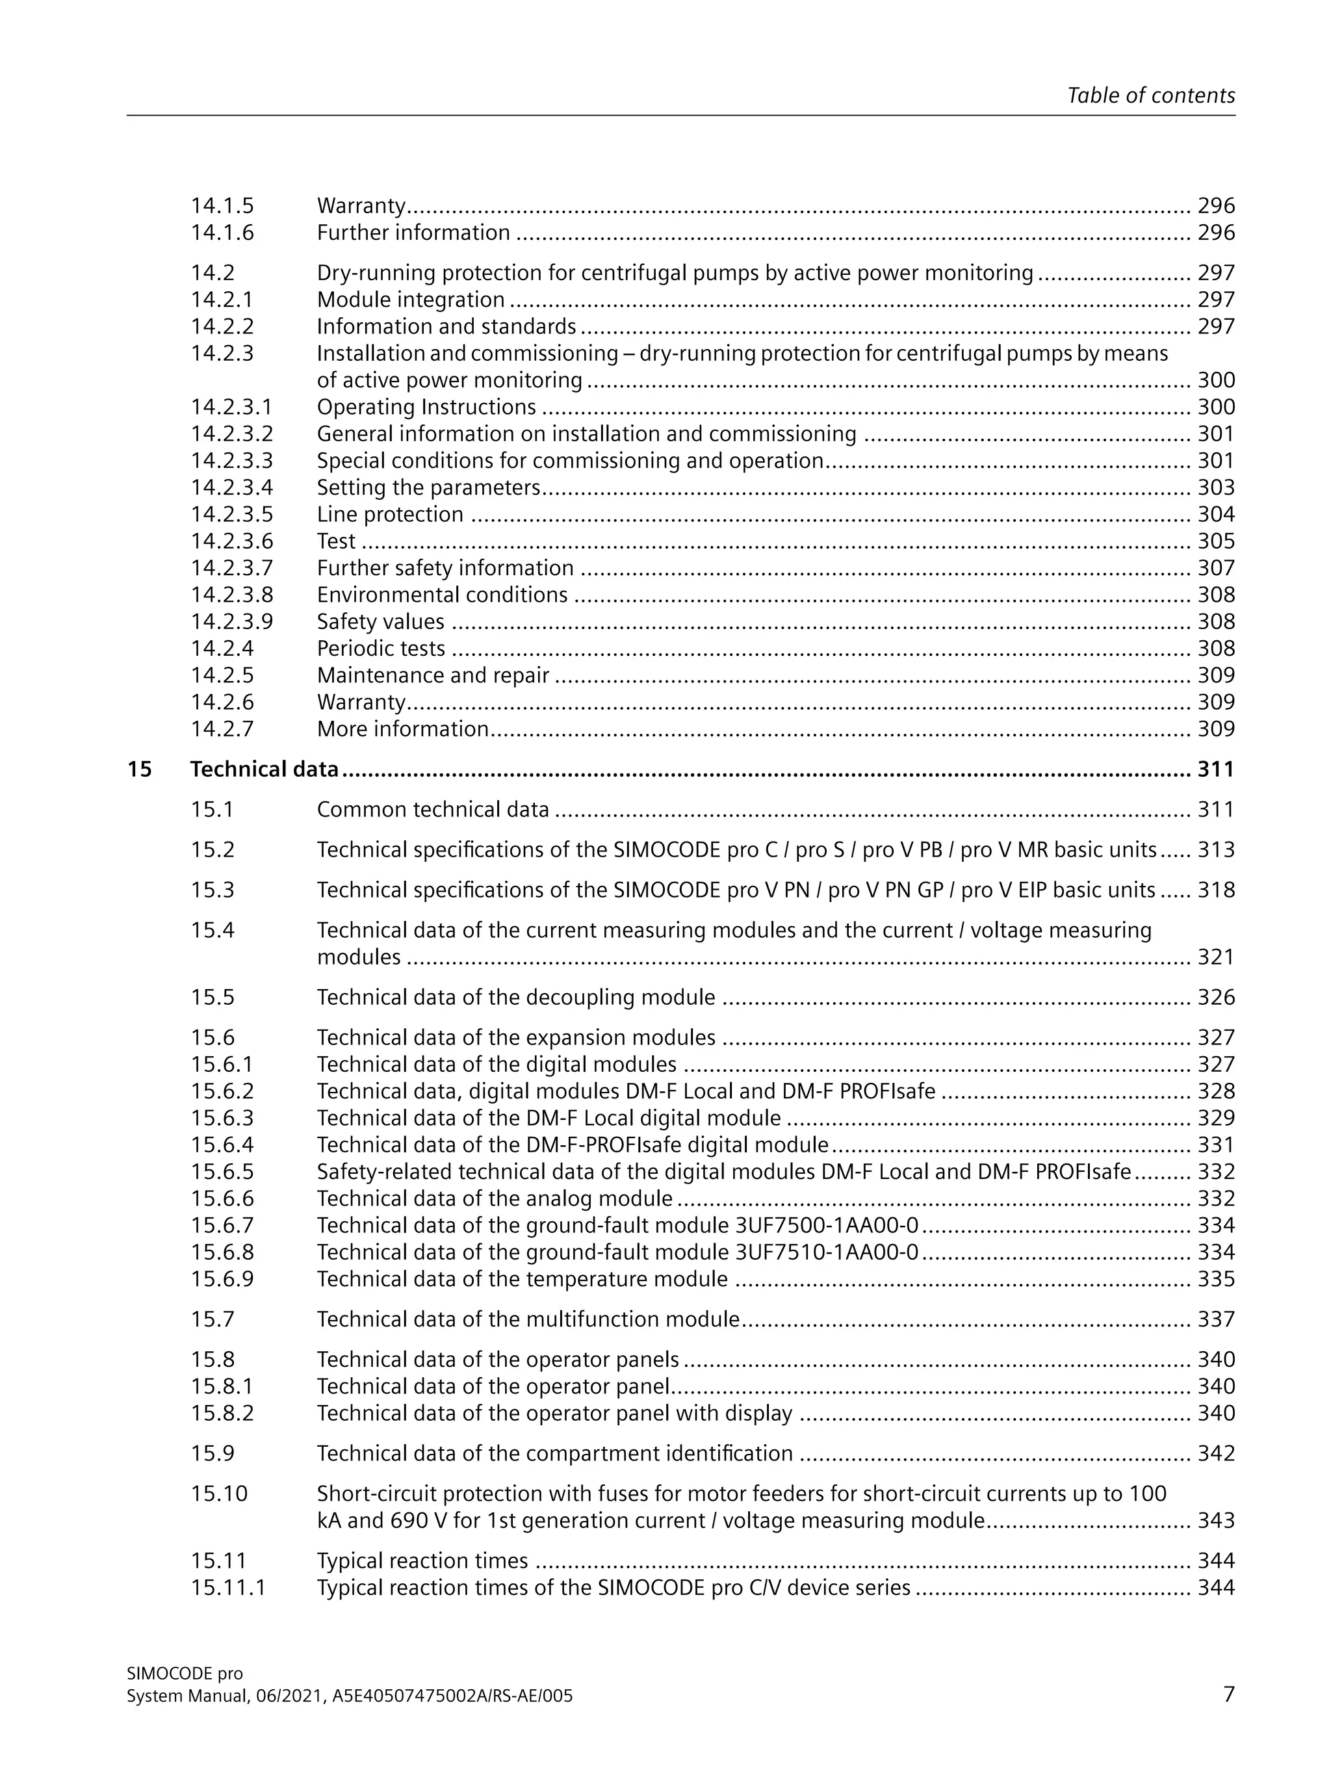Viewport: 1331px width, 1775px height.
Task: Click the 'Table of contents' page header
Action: point(1150,96)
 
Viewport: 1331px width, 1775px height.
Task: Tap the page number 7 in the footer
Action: point(1228,1693)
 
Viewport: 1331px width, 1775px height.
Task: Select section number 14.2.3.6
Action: point(231,541)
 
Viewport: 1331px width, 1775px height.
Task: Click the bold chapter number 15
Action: point(139,770)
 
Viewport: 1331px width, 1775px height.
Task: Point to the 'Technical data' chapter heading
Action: point(264,770)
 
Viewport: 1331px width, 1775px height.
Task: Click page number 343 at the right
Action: point(1215,1521)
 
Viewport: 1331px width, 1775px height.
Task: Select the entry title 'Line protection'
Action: point(390,514)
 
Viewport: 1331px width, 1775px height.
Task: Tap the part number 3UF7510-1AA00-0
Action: point(827,1252)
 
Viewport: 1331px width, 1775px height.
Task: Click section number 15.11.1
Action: point(228,1587)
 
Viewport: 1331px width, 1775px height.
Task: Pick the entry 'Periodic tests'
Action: point(380,649)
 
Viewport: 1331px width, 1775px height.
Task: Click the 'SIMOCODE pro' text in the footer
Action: point(185,1673)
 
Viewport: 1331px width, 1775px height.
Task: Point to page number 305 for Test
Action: point(1215,541)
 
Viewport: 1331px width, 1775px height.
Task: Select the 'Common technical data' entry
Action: point(432,810)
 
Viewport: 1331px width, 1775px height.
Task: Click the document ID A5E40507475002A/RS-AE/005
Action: point(452,1696)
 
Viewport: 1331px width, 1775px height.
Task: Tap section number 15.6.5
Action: point(222,1172)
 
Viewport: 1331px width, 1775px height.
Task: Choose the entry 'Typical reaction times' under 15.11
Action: point(422,1561)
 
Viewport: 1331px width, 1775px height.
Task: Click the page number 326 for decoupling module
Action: point(1215,998)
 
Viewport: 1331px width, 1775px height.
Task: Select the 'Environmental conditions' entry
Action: point(442,595)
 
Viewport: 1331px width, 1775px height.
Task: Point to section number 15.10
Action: point(219,1494)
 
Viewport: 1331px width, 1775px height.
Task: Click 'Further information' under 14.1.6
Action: point(413,233)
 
